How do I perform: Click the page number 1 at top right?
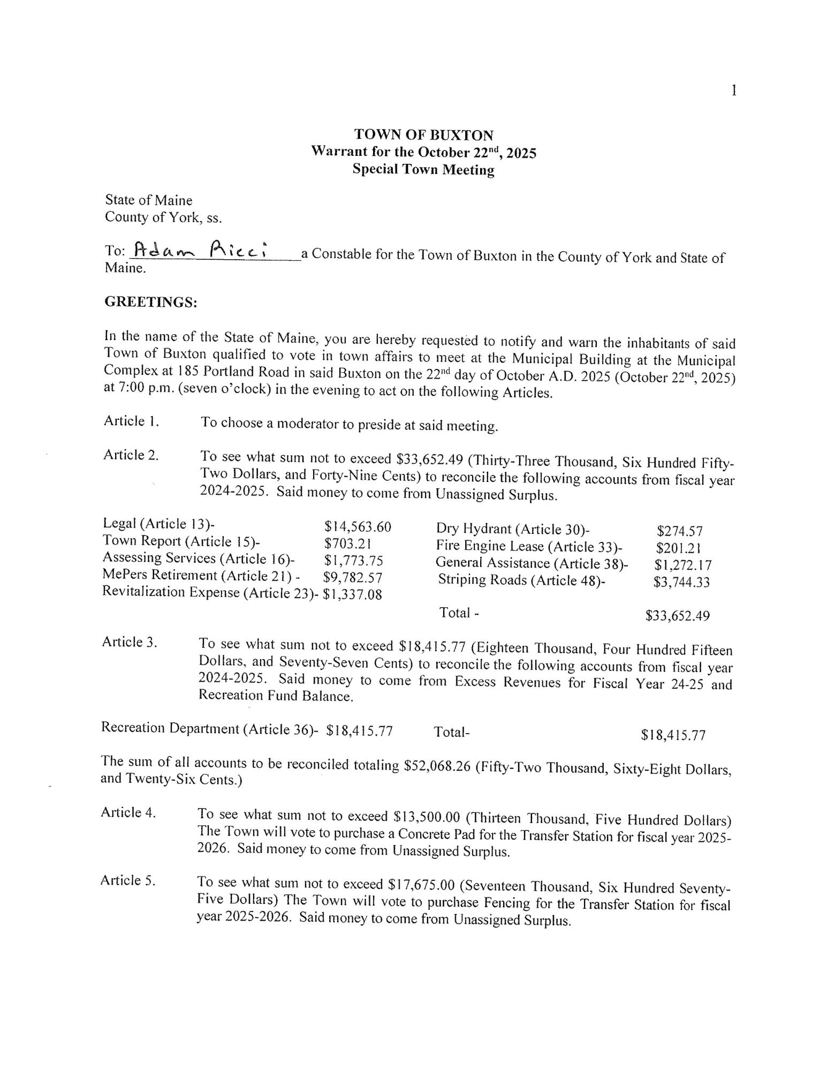(734, 91)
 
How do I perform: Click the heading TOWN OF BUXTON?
(424, 135)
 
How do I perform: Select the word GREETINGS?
(151, 303)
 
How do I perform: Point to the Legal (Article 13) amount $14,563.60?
(358, 527)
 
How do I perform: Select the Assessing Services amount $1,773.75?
(354, 561)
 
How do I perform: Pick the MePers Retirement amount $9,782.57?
(353, 577)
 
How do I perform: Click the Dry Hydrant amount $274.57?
(679, 531)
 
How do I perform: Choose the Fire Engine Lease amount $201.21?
(678, 548)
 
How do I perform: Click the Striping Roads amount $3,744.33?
(681, 582)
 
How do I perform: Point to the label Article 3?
(130, 642)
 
